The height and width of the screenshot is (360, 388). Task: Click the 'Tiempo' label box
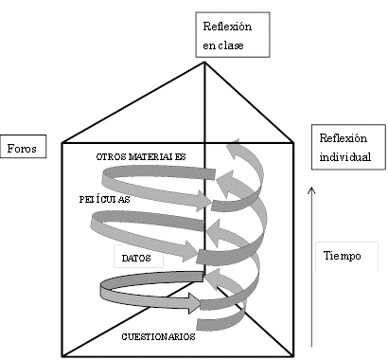[342, 256]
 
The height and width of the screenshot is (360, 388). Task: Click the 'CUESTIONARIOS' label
[158, 336]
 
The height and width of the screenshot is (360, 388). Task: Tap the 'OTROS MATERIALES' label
[140, 155]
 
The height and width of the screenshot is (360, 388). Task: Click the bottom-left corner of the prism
[62, 355]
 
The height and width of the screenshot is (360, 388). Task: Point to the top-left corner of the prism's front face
[62, 143]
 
